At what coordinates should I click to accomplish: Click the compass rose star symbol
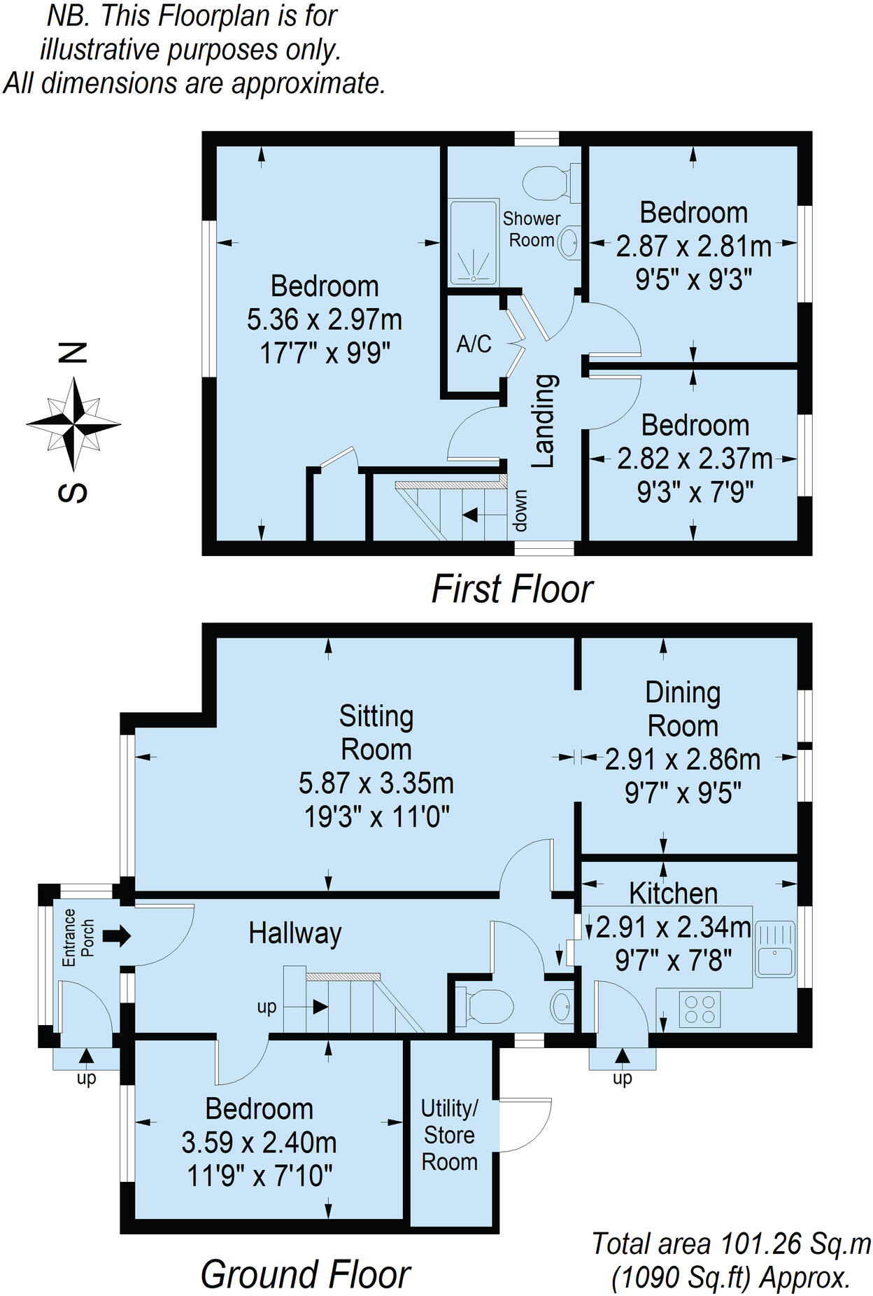click(73, 424)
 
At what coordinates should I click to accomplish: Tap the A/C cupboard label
click(474, 344)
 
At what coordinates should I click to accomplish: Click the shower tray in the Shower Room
click(474, 242)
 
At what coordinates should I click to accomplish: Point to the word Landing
click(544, 421)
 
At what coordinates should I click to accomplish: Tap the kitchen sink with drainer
click(774, 949)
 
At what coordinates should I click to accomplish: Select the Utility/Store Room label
click(450, 1135)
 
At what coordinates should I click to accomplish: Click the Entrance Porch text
click(78, 937)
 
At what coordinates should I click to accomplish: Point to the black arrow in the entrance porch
click(116, 935)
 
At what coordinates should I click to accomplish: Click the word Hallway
click(295, 933)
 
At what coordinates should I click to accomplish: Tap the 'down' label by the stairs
click(520, 510)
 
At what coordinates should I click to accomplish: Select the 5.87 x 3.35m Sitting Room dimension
click(376, 783)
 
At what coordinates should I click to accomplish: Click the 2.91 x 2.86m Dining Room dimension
click(683, 759)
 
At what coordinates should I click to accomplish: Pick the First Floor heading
click(512, 589)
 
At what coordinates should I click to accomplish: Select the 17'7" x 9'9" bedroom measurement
click(325, 352)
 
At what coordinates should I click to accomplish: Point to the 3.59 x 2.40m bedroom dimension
click(259, 1143)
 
